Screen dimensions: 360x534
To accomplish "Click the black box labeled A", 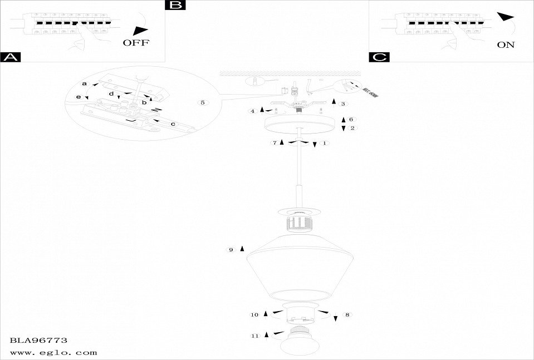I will click(11, 57).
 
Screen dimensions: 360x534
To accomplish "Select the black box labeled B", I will click(175, 6).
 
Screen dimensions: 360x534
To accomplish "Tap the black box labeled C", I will click(379, 57).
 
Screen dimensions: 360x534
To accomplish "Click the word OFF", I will click(136, 43).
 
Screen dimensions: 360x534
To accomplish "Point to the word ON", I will click(506, 45).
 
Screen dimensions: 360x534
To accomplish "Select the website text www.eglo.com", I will click(53, 352).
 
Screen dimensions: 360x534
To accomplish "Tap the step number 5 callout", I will click(203, 103).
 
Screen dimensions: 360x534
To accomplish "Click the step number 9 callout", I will click(231, 250).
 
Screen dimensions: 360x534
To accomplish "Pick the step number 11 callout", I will click(255, 336).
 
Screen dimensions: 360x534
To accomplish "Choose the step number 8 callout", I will click(347, 315).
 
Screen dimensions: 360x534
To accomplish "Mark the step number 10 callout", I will click(254, 315).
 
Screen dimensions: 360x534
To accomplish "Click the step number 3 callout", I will click(343, 103).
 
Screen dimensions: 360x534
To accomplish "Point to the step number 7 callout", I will click(275, 143).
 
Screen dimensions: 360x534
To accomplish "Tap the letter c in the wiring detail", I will click(173, 124).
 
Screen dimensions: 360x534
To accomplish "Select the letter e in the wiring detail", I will click(79, 97).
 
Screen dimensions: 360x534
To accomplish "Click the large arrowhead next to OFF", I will click(141, 31).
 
